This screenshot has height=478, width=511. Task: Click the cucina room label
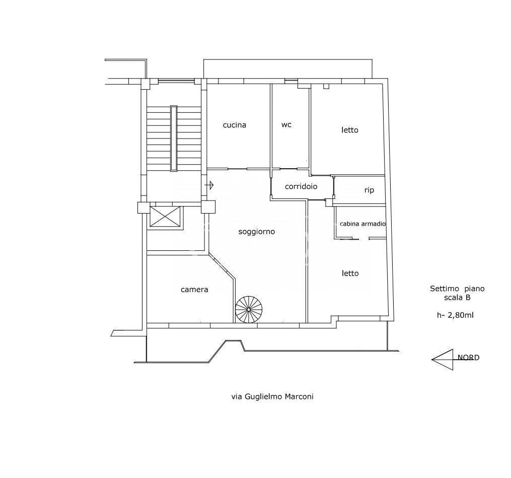pyautogui.click(x=234, y=125)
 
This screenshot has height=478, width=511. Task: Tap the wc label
pyautogui.click(x=286, y=124)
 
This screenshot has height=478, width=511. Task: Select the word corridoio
pyautogui.click(x=301, y=186)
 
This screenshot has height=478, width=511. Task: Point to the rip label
pyautogui.click(x=369, y=190)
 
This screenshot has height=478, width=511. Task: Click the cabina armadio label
pyautogui.click(x=362, y=224)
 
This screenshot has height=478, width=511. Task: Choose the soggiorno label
pyautogui.click(x=256, y=232)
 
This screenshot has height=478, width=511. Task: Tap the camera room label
pyautogui.click(x=194, y=290)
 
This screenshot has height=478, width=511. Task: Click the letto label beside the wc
pyautogui.click(x=350, y=130)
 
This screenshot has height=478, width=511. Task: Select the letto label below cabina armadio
pyautogui.click(x=350, y=273)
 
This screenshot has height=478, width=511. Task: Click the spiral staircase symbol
pyautogui.click(x=249, y=309)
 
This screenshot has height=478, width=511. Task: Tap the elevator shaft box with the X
pyautogui.click(x=165, y=216)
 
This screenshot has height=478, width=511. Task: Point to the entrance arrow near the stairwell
pyautogui.click(x=209, y=185)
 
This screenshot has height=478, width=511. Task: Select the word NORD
pyautogui.click(x=468, y=358)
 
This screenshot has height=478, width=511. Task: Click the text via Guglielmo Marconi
pyautogui.click(x=272, y=396)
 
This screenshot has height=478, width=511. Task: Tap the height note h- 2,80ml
pyautogui.click(x=455, y=315)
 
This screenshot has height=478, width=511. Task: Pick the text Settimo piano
pyautogui.click(x=457, y=289)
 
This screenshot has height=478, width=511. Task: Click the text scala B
pyautogui.click(x=457, y=297)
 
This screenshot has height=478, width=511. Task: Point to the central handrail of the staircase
pyautogui.click(x=174, y=138)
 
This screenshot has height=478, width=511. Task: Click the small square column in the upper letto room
pyautogui.click(x=326, y=87)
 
